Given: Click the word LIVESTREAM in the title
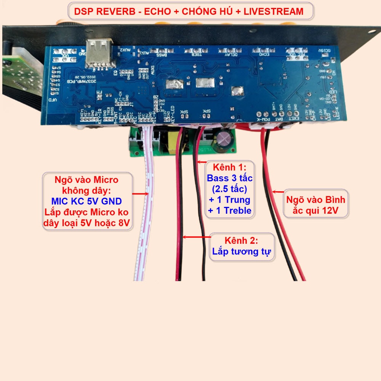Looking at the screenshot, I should point(274,12).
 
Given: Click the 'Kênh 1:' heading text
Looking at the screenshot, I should point(229,168).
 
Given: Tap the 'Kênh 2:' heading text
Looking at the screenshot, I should point(241,241).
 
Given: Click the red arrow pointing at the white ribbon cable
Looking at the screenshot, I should point(141,194).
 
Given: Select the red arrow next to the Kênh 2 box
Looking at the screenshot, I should point(197,237).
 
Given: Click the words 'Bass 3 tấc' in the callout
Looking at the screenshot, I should point(230,178).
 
